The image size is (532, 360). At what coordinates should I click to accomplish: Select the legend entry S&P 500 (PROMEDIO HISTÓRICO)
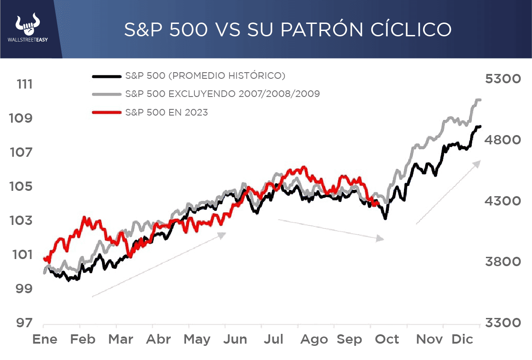(x=205, y=76)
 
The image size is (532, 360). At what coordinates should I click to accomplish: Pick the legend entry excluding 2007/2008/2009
(x=222, y=94)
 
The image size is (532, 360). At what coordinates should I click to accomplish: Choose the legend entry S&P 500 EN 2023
(x=167, y=112)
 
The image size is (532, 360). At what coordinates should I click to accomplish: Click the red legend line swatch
(x=106, y=112)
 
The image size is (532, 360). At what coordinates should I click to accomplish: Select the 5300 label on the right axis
(x=504, y=79)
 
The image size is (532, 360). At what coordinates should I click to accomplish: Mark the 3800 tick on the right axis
(x=504, y=262)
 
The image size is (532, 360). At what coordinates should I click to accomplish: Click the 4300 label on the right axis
(x=504, y=201)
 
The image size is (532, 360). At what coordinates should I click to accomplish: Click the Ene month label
(x=45, y=340)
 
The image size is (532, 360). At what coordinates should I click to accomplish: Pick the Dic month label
(x=462, y=340)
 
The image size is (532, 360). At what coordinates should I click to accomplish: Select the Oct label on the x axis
(x=387, y=340)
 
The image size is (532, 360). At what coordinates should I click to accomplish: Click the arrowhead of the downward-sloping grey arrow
(x=380, y=239)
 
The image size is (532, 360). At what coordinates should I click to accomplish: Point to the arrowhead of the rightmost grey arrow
(x=477, y=163)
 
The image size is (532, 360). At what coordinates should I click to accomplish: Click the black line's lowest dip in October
(x=385, y=218)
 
